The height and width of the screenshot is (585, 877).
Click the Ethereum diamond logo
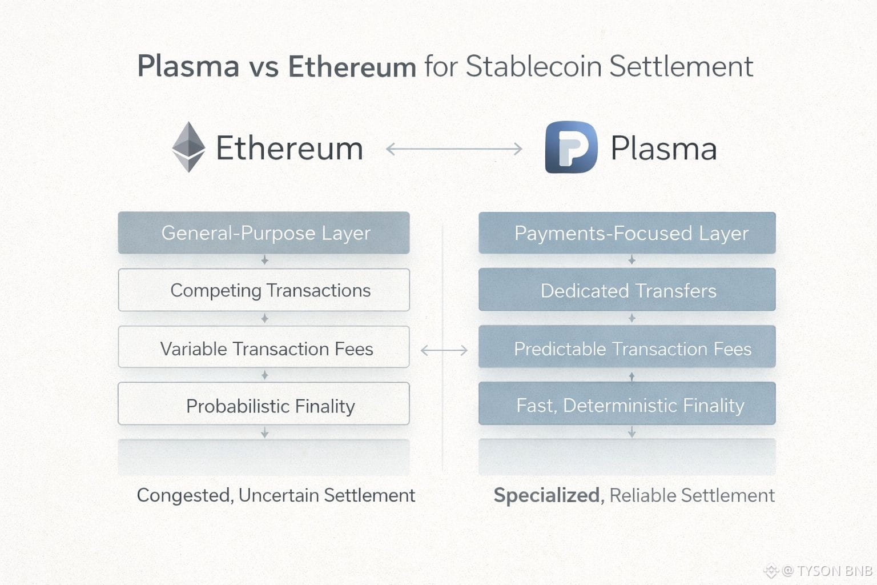188,147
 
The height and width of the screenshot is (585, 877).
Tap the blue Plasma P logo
571,147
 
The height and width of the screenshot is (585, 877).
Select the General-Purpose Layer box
264,233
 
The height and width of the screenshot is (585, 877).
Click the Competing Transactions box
264,290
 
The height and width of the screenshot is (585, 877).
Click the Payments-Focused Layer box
627,233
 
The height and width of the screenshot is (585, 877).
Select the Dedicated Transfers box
627,290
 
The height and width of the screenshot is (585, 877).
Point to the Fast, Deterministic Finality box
627,404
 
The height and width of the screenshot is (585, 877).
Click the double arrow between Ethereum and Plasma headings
454,149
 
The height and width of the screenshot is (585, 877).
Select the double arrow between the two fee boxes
444,350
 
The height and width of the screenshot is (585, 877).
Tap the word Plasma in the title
188,66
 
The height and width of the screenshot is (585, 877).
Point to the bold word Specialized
546,495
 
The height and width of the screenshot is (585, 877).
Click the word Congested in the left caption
184,495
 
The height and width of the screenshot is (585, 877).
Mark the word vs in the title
263,67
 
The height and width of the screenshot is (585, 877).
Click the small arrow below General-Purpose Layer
264,261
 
